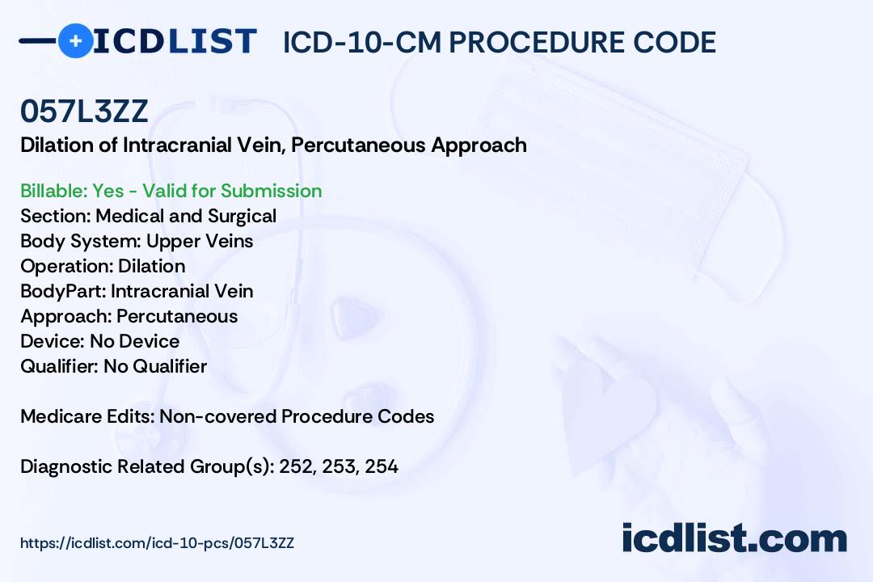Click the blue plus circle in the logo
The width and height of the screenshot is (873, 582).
pyautogui.click(x=75, y=41)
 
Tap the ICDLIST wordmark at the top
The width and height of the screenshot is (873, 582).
pyautogui.click(x=175, y=41)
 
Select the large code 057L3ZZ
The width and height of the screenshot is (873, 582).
pyautogui.click(x=84, y=112)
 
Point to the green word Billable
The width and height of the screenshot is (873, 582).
pyautogui.click(x=54, y=191)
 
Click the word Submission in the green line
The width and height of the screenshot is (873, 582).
pyautogui.click(x=271, y=191)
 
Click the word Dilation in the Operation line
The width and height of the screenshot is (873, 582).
pyautogui.click(x=151, y=266)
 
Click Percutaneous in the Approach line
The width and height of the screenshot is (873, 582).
pyautogui.click(x=177, y=316)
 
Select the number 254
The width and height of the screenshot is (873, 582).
pyautogui.click(x=382, y=467)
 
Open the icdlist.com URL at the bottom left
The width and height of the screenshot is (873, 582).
pyautogui.click(x=157, y=543)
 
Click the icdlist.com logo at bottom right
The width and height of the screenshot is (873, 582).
pyautogui.click(x=734, y=538)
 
